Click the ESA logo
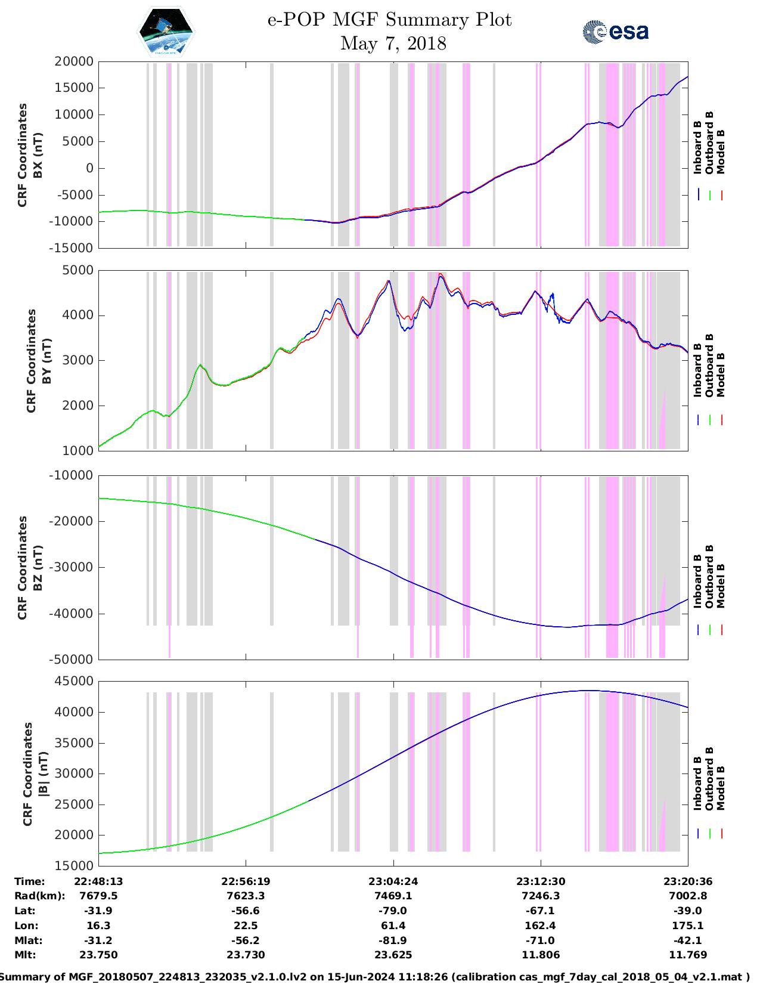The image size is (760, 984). (x=615, y=32)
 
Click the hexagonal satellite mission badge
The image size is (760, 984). (x=166, y=31)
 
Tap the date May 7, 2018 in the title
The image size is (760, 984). (x=393, y=44)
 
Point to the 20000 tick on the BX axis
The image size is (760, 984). (x=74, y=61)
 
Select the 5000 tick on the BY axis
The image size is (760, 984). (x=77, y=270)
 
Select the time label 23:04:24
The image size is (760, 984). (x=393, y=881)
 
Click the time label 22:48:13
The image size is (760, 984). (x=98, y=881)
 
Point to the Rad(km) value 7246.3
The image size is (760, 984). (x=540, y=896)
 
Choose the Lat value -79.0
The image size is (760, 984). (x=393, y=911)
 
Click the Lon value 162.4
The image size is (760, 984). (x=540, y=926)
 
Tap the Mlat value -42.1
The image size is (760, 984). (x=688, y=940)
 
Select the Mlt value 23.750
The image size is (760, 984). (x=98, y=955)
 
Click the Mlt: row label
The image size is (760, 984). (x=25, y=955)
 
